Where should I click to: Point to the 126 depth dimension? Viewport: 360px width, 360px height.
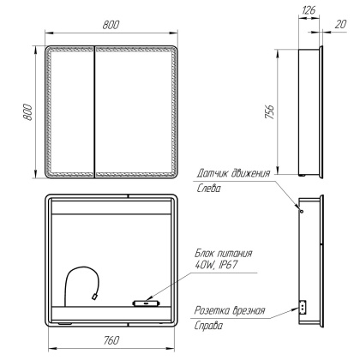306,11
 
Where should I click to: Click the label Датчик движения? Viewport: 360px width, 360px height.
233,173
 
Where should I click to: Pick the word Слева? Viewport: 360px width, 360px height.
209,189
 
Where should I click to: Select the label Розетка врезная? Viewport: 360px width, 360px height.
229,311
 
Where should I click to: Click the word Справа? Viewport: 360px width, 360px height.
211,327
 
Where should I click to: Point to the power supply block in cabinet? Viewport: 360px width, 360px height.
143,302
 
